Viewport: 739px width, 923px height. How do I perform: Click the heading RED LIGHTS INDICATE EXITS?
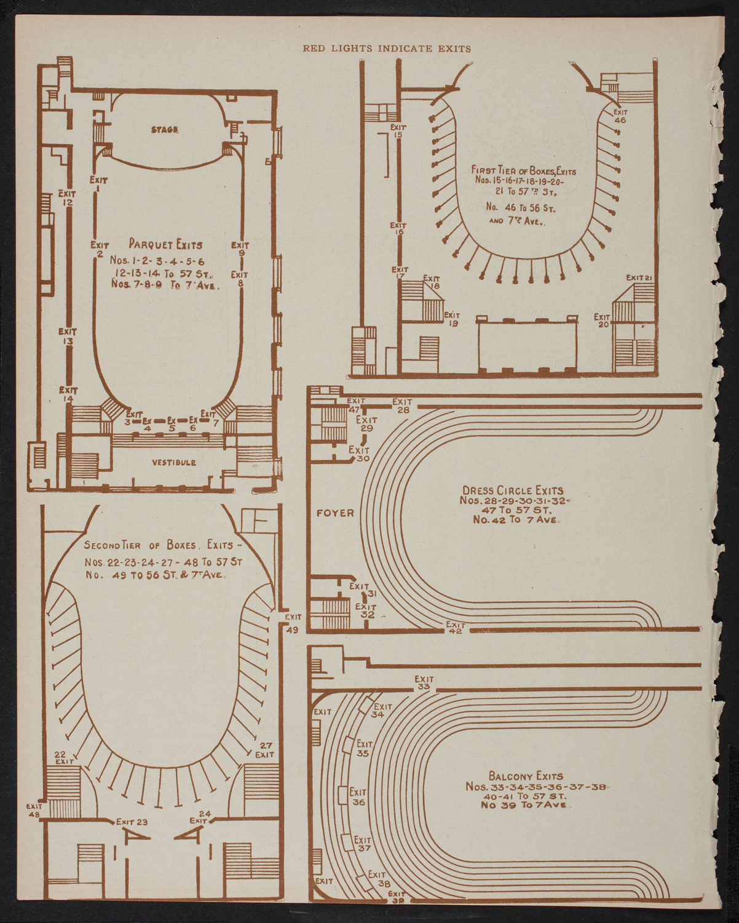[x=386, y=49]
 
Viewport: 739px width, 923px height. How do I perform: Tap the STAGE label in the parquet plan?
[x=165, y=129]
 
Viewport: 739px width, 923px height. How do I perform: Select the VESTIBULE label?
[x=175, y=462]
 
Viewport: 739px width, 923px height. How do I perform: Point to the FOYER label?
[x=335, y=513]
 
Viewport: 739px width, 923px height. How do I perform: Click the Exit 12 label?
[x=67, y=198]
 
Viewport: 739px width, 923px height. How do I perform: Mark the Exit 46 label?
[x=620, y=116]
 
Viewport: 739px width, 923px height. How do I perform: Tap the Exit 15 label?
[x=399, y=131]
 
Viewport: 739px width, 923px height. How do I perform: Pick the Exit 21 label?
[x=639, y=278]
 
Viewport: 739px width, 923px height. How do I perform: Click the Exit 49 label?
[x=293, y=623]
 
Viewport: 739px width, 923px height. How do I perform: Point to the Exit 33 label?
[x=424, y=682]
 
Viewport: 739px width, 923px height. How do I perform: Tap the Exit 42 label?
[x=456, y=628]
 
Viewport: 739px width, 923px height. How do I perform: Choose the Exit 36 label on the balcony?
[x=358, y=796]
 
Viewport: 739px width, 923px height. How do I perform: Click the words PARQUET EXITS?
[x=165, y=244]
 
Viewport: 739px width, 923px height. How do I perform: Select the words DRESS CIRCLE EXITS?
[x=513, y=490]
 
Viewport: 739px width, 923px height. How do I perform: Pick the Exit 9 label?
[x=240, y=249]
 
